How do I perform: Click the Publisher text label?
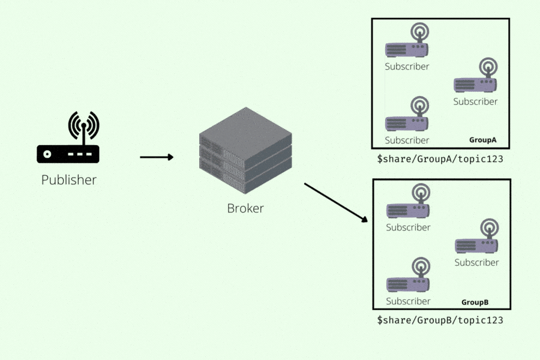68,179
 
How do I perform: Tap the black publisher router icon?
68,154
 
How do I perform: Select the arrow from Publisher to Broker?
157,157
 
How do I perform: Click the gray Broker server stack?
245,152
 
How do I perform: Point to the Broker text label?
245,209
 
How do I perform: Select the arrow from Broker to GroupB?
335,202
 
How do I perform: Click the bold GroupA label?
482,140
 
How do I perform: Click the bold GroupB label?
475,302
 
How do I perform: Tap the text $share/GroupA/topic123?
440,160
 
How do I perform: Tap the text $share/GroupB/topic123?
440,320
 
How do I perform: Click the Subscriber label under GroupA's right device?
475,101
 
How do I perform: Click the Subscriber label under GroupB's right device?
476,262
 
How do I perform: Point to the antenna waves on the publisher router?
83,125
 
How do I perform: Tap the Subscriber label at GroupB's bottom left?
408,301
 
